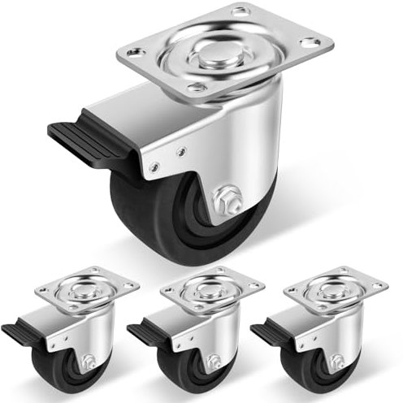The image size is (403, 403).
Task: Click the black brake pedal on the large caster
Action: pyautogui.click(x=77, y=135)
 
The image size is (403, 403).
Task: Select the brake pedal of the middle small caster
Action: pyautogui.click(x=143, y=331)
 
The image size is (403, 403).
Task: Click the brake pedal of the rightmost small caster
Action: pyautogui.click(x=267, y=331)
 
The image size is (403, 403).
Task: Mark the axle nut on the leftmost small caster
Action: pyautogui.click(x=87, y=362)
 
